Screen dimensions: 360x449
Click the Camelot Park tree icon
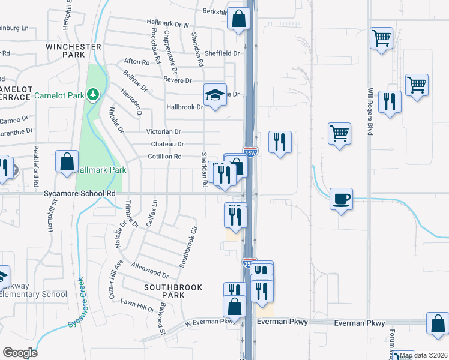click(x=92, y=94)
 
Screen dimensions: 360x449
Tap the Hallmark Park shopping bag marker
click(x=67, y=162)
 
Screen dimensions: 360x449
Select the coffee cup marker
click(x=340, y=199)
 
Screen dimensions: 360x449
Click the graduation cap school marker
click(x=215, y=95)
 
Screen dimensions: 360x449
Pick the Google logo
click(x=20, y=353)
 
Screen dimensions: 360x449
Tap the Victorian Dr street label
click(x=163, y=131)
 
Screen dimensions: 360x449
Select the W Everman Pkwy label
click(x=208, y=322)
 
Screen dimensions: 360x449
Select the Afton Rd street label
click(x=136, y=62)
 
